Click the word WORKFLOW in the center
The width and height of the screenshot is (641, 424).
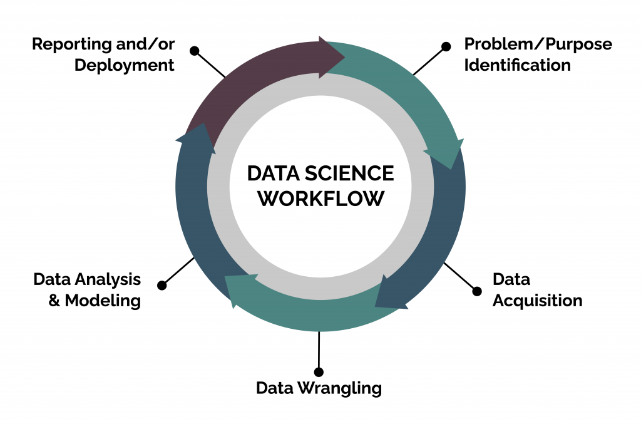click(x=320, y=198)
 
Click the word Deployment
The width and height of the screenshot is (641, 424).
click(x=124, y=65)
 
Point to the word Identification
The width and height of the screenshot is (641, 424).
click(x=517, y=65)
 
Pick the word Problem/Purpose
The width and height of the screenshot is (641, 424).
click(x=538, y=44)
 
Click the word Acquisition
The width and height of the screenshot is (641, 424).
click(x=537, y=301)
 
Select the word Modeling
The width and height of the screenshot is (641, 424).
click(x=103, y=301)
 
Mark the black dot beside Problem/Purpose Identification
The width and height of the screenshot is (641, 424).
click(x=446, y=46)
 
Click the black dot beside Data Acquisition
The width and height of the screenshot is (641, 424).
click(x=476, y=291)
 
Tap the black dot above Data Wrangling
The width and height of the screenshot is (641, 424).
click(x=319, y=372)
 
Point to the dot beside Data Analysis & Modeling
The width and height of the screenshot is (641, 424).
click(x=162, y=286)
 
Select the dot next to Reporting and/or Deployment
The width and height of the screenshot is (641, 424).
click(x=194, y=50)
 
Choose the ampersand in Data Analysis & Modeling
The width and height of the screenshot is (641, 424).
click(x=55, y=301)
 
